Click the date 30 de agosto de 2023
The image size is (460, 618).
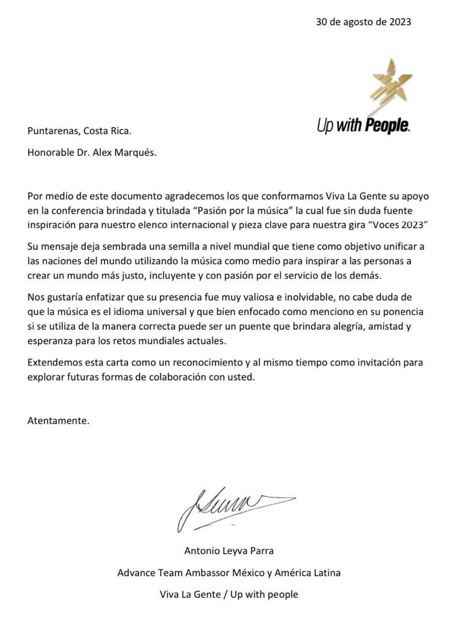tap(363, 22)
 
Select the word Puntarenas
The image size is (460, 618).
tap(53, 131)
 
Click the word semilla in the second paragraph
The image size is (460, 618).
tap(183, 247)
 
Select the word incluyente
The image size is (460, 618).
tap(178, 276)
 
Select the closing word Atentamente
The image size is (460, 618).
tap(58, 420)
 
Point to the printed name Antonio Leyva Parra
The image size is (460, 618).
tap(229, 550)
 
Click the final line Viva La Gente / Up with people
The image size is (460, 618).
tap(229, 594)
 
